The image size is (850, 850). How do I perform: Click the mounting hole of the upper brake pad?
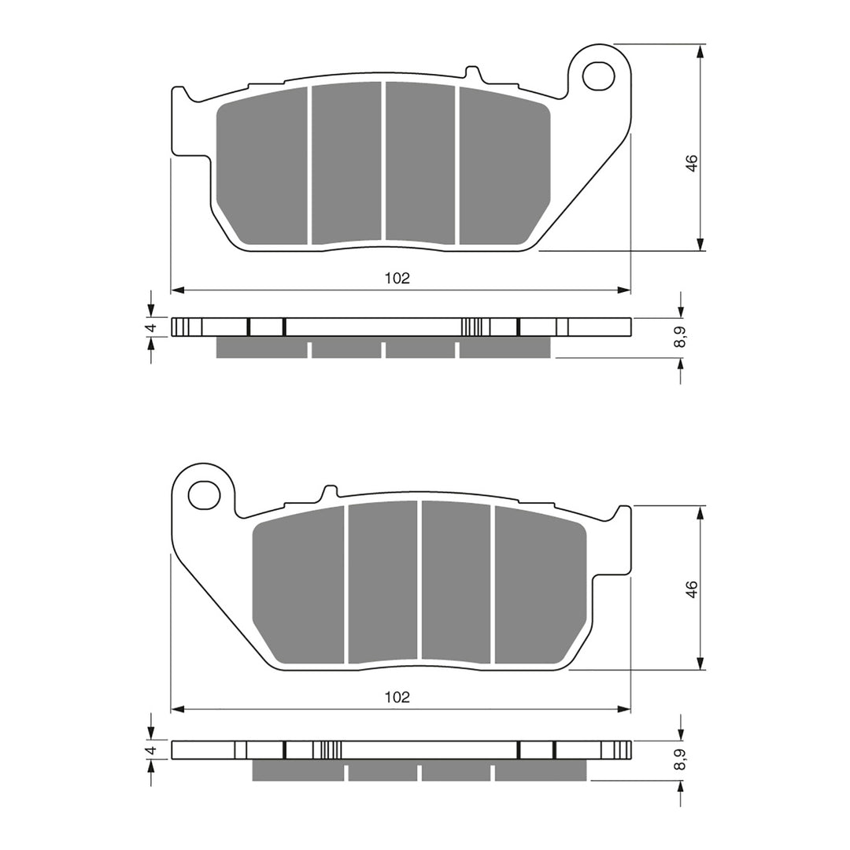597,76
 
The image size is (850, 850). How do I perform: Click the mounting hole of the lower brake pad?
203,495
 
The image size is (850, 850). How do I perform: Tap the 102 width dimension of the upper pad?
397,278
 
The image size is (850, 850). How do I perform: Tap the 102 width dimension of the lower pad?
397,697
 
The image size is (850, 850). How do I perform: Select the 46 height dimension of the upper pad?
692,164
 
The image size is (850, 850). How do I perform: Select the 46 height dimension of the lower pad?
692,589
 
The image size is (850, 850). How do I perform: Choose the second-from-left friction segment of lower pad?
382,582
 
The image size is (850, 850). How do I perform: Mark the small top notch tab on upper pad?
474,72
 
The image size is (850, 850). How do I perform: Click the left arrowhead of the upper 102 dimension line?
177,291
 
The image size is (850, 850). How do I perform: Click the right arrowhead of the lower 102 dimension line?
625,710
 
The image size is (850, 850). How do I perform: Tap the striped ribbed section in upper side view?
471,327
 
